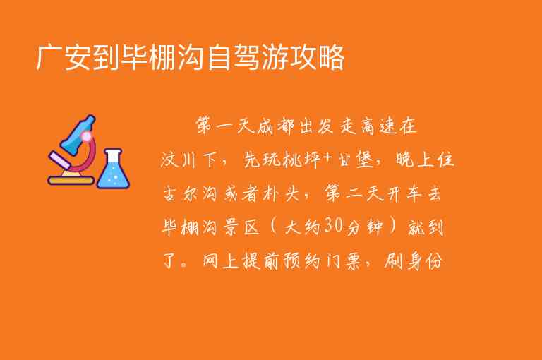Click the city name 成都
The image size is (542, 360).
282,127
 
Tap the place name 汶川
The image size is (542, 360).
177,160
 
